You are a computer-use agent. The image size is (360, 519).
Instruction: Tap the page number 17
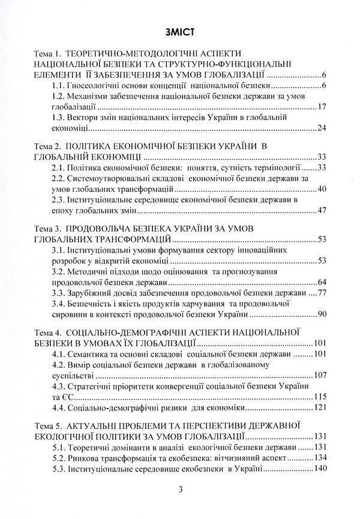[320, 107]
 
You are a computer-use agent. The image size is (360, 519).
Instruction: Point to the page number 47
[320, 211]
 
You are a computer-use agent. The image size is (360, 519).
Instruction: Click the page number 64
[320, 282]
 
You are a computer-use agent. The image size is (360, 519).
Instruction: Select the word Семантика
[91, 354]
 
